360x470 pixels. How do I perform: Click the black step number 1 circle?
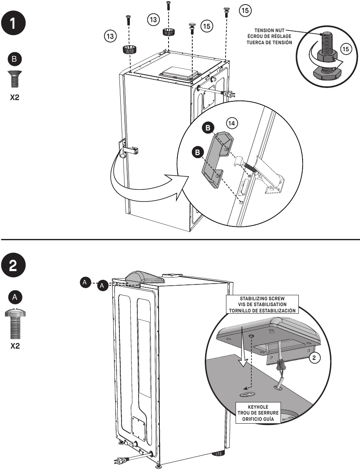tap(13, 23)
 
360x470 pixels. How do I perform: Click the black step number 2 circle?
tap(13, 266)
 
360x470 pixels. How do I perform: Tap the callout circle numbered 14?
tap(232, 123)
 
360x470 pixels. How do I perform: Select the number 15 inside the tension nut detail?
tap(345, 49)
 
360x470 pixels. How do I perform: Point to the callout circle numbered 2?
tap(314, 357)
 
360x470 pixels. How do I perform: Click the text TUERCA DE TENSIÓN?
tap(269, 43)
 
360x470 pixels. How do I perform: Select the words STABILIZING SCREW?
tap(262, 299)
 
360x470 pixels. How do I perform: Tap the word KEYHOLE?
tap(258, 407)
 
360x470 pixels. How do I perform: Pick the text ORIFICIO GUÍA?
tap(258, 419)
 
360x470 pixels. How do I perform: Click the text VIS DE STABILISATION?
tap(262, 304)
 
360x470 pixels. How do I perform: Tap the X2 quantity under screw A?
tap(15, 346)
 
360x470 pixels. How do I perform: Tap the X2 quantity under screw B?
tap(15, 97)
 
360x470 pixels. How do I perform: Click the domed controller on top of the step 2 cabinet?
tap(145, 277)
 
